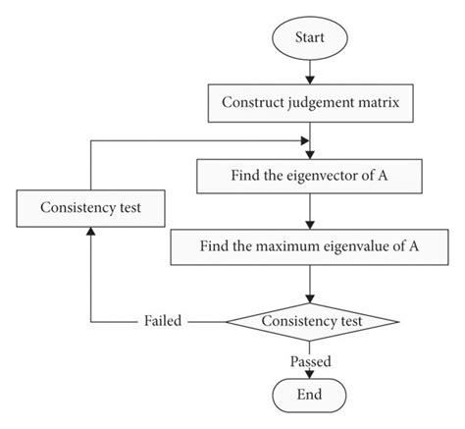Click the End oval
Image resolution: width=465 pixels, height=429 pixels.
pyautogui.click(x=310, y=394)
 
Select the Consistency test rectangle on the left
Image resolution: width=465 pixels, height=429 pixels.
pyautogui.click(x=91, y=208)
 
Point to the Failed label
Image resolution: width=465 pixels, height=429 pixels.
pyautogui.click(x=162, y=321)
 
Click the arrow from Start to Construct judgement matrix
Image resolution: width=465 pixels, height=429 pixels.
pyautogui.click(x=310, y=70)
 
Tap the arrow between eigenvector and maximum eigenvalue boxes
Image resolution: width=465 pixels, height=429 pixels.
pyautogui.click(x=310, y=212)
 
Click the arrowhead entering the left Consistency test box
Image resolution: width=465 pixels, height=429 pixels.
pyautogui.click(x=91, y=231)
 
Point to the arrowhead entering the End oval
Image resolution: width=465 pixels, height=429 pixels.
pyautogui.click(x=310, y=373)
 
